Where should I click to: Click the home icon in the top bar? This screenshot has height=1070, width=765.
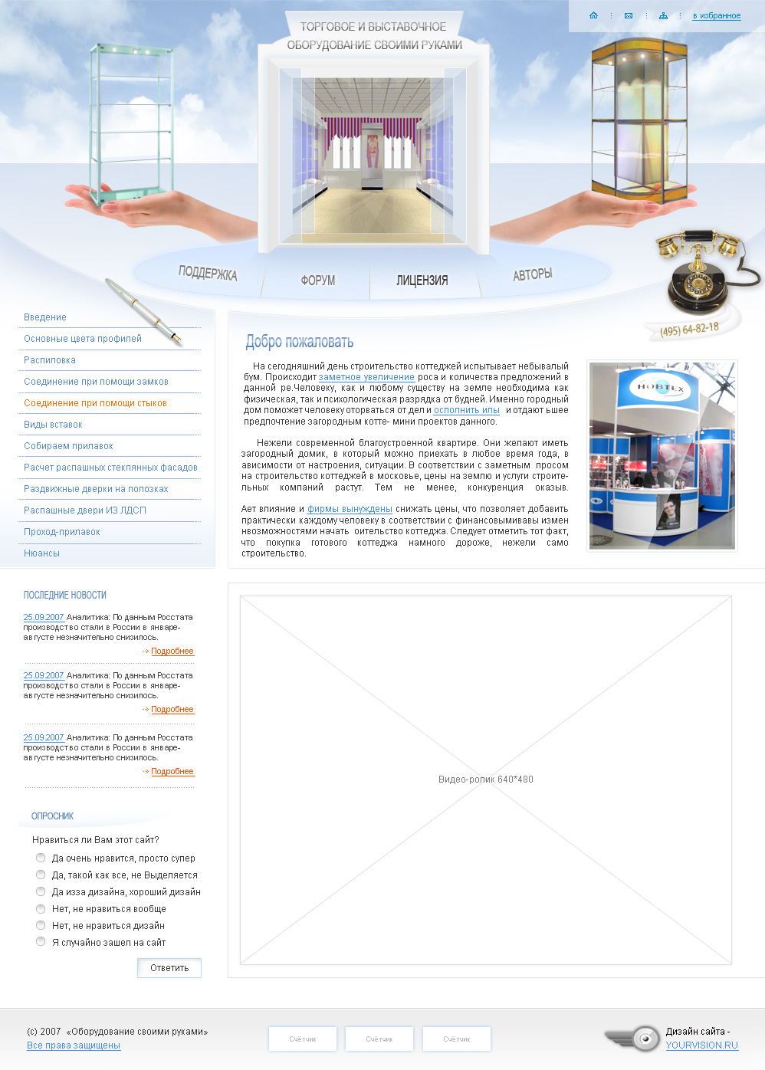tap(593, 15)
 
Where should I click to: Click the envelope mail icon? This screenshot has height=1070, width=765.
tap(629, 16)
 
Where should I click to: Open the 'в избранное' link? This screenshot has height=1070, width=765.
tap(717, 16)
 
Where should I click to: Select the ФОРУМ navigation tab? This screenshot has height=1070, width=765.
tap(318, 281)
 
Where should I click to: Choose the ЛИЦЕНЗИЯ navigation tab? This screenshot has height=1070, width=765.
tap(422, 281)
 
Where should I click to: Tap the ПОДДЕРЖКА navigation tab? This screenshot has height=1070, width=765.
tap(208, 273)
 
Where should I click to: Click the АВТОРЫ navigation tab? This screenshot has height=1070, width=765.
tap(532, 274)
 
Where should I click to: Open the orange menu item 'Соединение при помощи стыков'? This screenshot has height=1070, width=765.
tap(95, 403)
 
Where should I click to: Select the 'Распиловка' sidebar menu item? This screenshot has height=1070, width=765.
tap(50, 360)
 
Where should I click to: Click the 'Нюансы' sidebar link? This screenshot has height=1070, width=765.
tap(41, 553)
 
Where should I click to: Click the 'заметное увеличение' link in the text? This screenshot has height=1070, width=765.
tap(366, 377)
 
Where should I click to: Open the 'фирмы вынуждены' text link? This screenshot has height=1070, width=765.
tap(350, 509)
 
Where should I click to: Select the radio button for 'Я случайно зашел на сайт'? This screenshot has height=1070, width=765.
tap(41, 941)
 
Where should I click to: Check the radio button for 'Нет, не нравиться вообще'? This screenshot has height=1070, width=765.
tap(41, 908)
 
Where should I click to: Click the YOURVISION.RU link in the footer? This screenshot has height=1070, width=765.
tap(702, 1045)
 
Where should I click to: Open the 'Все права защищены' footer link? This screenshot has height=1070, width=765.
tap(74, 1045)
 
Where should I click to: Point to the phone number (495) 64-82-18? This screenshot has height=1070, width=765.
tap(690, 329)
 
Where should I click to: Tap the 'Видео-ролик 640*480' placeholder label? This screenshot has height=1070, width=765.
tap(485, 779)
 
